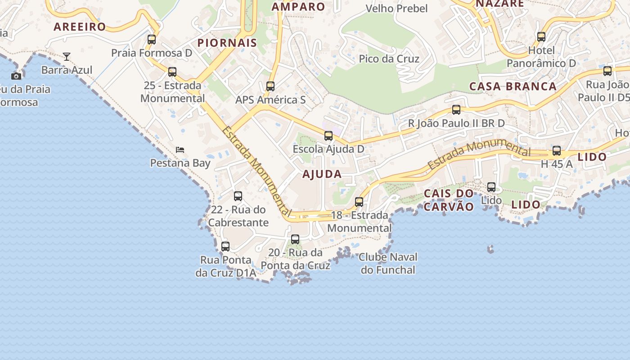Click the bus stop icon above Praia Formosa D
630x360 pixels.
152,40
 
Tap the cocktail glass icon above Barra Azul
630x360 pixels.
67,57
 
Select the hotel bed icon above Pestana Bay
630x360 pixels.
180,149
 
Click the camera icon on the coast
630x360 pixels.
16,76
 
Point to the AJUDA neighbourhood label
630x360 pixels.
322,175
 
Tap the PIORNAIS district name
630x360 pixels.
227,43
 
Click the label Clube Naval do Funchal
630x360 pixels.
388,264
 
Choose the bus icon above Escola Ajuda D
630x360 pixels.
328,135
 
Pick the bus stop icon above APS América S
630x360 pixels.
270,86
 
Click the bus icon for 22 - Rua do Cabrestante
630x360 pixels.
238,196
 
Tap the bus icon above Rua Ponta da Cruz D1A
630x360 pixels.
225,247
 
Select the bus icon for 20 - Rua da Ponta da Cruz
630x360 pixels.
295,239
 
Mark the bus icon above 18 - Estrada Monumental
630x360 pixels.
359,202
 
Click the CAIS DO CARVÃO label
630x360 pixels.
449,200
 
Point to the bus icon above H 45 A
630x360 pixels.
557,151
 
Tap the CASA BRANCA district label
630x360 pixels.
513,86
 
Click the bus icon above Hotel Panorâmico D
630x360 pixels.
541,37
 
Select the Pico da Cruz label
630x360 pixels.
389,59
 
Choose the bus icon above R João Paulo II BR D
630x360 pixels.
456,110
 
